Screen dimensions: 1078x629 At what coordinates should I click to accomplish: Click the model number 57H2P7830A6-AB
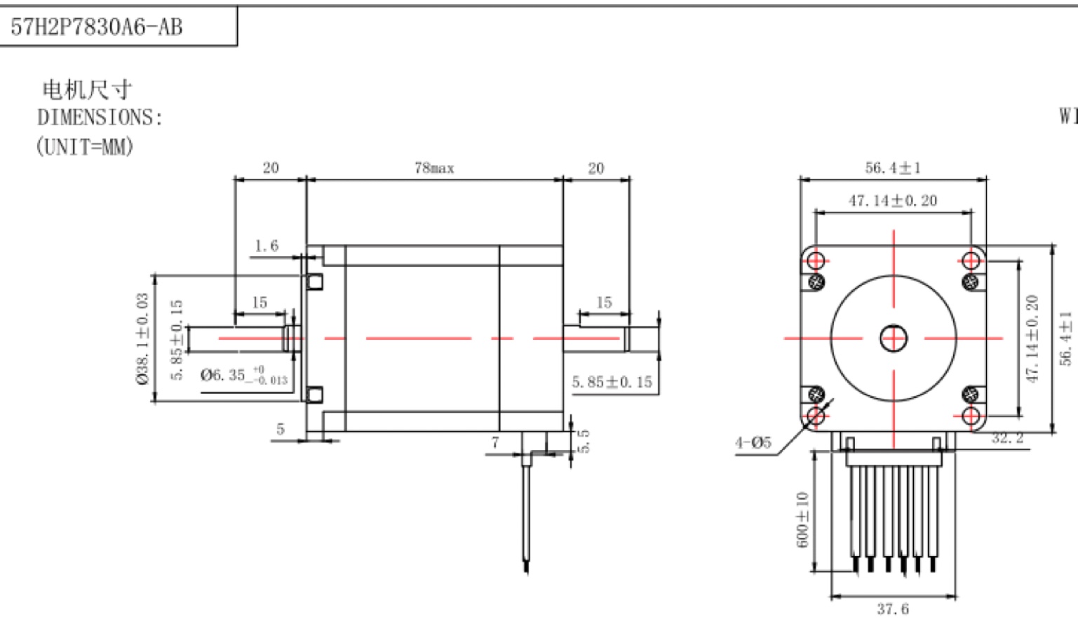[x=97, y=27]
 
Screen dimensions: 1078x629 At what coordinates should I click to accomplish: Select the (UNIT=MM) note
[x=85, y=147]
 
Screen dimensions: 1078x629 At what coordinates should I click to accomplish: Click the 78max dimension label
[x=434, y=168]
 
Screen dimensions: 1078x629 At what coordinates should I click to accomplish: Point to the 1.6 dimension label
[x=266, y=246]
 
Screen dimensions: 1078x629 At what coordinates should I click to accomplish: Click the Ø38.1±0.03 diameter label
[x=143, y=338]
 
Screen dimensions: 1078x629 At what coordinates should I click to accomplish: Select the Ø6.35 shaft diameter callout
[x=244, y=376]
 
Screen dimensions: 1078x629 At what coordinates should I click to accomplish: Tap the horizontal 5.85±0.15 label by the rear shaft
[x=612, y=382]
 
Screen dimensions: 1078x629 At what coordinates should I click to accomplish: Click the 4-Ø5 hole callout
[x=753, y=442]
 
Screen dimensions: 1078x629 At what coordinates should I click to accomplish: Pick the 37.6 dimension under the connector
[x=893, y=609]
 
